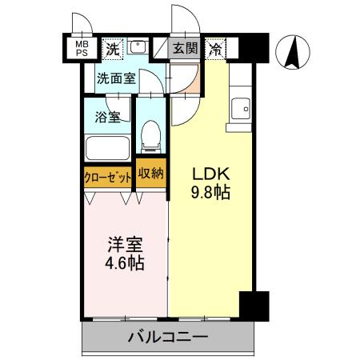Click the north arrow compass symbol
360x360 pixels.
point(293,54)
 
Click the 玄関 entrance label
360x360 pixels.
point(185,48)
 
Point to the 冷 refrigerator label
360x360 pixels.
point(216,48)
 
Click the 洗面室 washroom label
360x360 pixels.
point(115,78)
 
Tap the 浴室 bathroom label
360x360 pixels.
point(108,117)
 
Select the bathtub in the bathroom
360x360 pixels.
point(109,150)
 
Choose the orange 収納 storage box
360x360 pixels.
point(150,174)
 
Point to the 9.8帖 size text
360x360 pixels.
point(210,193)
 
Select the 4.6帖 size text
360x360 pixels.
point(126,263)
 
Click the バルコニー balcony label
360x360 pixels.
point(168,337)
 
